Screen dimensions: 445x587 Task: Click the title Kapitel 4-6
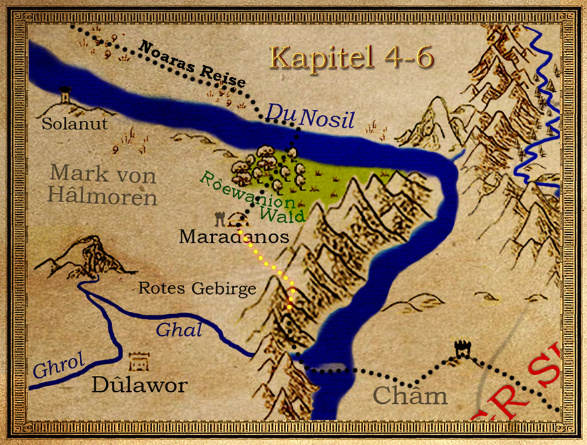click(352, 59)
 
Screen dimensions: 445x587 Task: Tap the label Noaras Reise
click(192, 64)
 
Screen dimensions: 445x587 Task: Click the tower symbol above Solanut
click(65, 94)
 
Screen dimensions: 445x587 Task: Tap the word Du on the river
click(280, 113)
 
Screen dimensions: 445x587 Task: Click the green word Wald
click(282, 214)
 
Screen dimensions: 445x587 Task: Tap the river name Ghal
click(178, 329)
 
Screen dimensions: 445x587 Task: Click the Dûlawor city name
click(139, 384)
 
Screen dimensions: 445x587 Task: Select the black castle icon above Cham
click(461, 349)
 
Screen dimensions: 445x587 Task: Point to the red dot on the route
click(290, 305)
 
